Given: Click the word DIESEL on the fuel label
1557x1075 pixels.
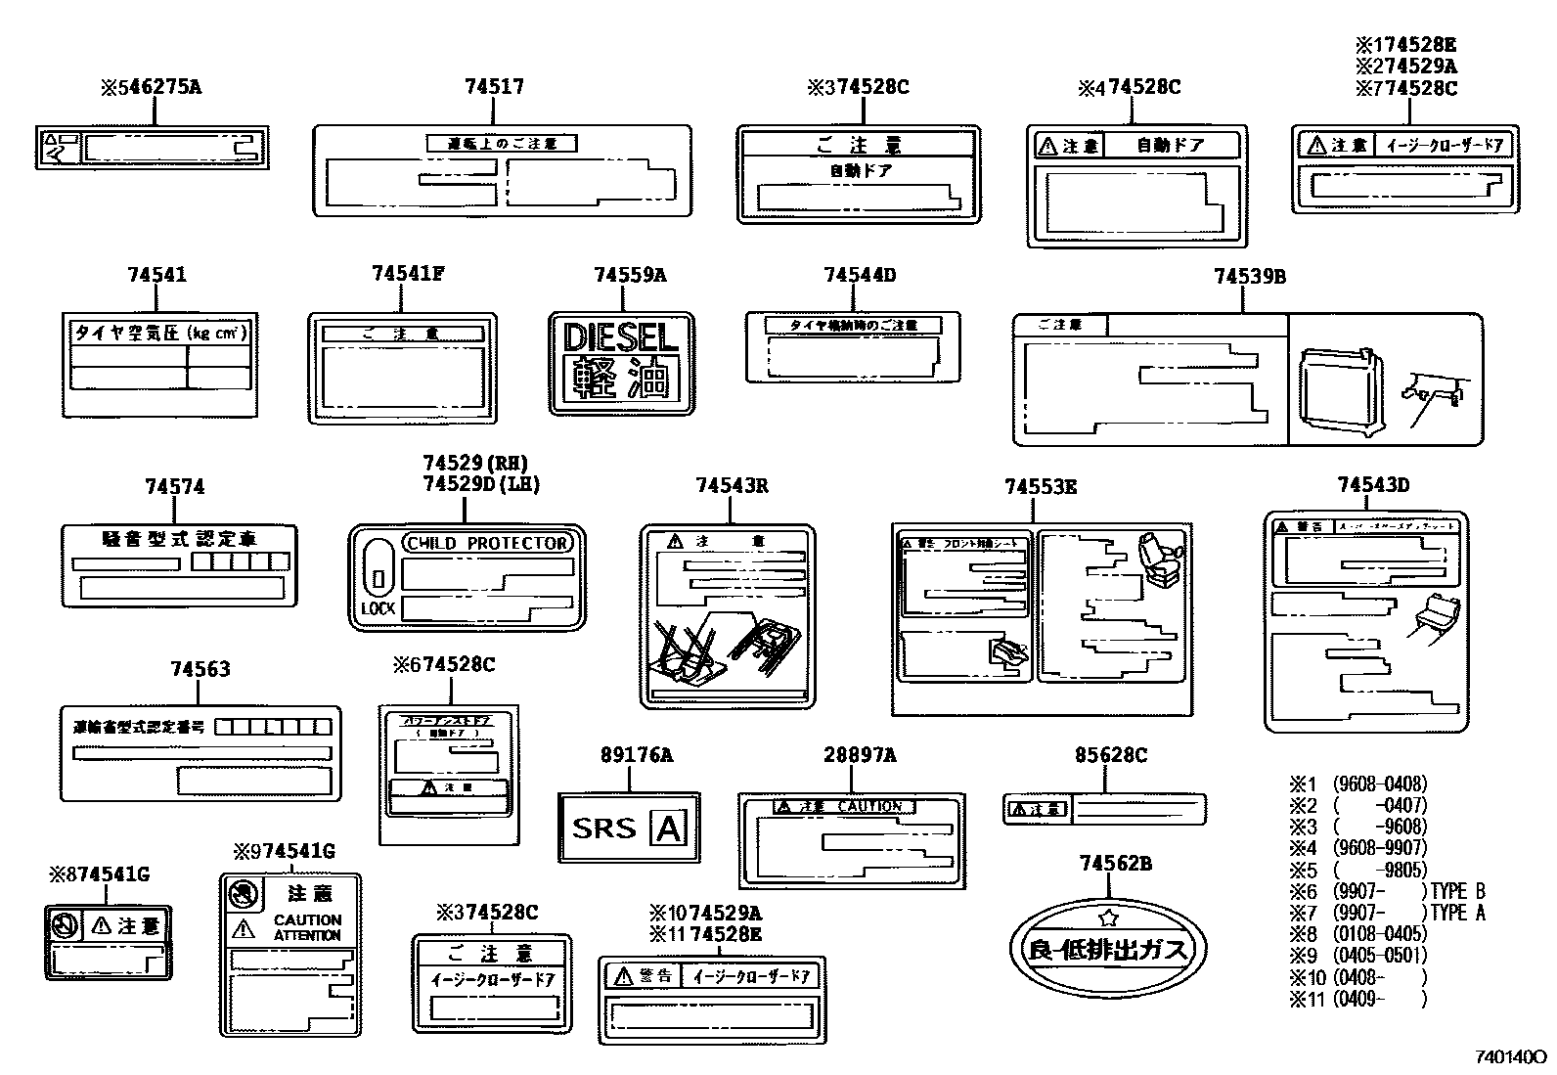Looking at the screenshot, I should click(621, 338).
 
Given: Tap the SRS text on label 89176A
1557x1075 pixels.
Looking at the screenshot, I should click(603, 829).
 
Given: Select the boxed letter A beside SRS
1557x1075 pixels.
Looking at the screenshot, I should click(669, 829).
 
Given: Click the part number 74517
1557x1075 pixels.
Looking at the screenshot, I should click(494, 87).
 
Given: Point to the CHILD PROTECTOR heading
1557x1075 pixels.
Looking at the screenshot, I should click(487, 543).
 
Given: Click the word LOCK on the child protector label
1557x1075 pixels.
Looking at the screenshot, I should click(378, 607).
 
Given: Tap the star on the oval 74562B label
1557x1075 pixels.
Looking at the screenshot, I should click(1108, 918).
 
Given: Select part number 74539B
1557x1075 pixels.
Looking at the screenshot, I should click(1249, 277).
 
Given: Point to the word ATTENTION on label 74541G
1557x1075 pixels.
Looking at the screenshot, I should click(307, 935).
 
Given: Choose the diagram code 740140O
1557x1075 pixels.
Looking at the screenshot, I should click(1510, 1057).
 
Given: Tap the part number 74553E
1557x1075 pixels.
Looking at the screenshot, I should click(1041, 486).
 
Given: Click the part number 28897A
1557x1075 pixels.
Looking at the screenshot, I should click(859, 755).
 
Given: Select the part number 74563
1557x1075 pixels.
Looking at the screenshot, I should click(200, 669).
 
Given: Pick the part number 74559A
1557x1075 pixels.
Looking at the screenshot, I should click(629, 276).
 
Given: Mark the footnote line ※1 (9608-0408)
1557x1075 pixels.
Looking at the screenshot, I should click(1357, 784).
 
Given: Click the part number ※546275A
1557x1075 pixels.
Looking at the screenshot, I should click(151, 87).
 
